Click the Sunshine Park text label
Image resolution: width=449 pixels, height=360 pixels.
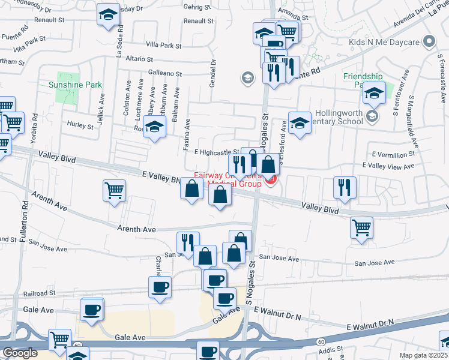click(75, 85)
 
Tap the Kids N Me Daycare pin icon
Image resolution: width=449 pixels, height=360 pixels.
click(429, 43)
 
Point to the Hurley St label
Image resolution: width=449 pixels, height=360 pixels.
click(80, 127)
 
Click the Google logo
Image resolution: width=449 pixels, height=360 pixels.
click(20, 353)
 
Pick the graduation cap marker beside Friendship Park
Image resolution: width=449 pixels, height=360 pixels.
click(374, 94)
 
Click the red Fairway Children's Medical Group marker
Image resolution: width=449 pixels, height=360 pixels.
click(271, 179)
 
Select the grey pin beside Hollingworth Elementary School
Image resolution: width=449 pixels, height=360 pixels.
click(372, 116)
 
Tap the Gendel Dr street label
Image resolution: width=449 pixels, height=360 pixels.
click(212, 73)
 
